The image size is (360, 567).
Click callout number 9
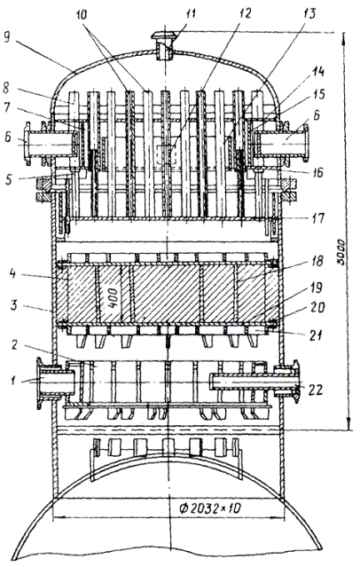point(7,38)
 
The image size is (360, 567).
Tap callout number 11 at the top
point(191,14)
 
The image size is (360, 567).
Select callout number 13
point(309,13)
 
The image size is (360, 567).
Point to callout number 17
point(318,218)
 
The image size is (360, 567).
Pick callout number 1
point(14,381)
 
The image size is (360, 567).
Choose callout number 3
point(13,306)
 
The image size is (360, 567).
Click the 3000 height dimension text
point(340,251)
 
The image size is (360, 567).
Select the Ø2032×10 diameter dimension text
point(209,508)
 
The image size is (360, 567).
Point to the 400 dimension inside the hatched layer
point(113,297)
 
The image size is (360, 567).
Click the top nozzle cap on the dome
point(164,35)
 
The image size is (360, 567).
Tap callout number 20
point(317,308)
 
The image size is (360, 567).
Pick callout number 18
point(317,261)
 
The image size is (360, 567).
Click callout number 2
point(14,345)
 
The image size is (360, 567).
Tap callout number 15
point(319,94)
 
